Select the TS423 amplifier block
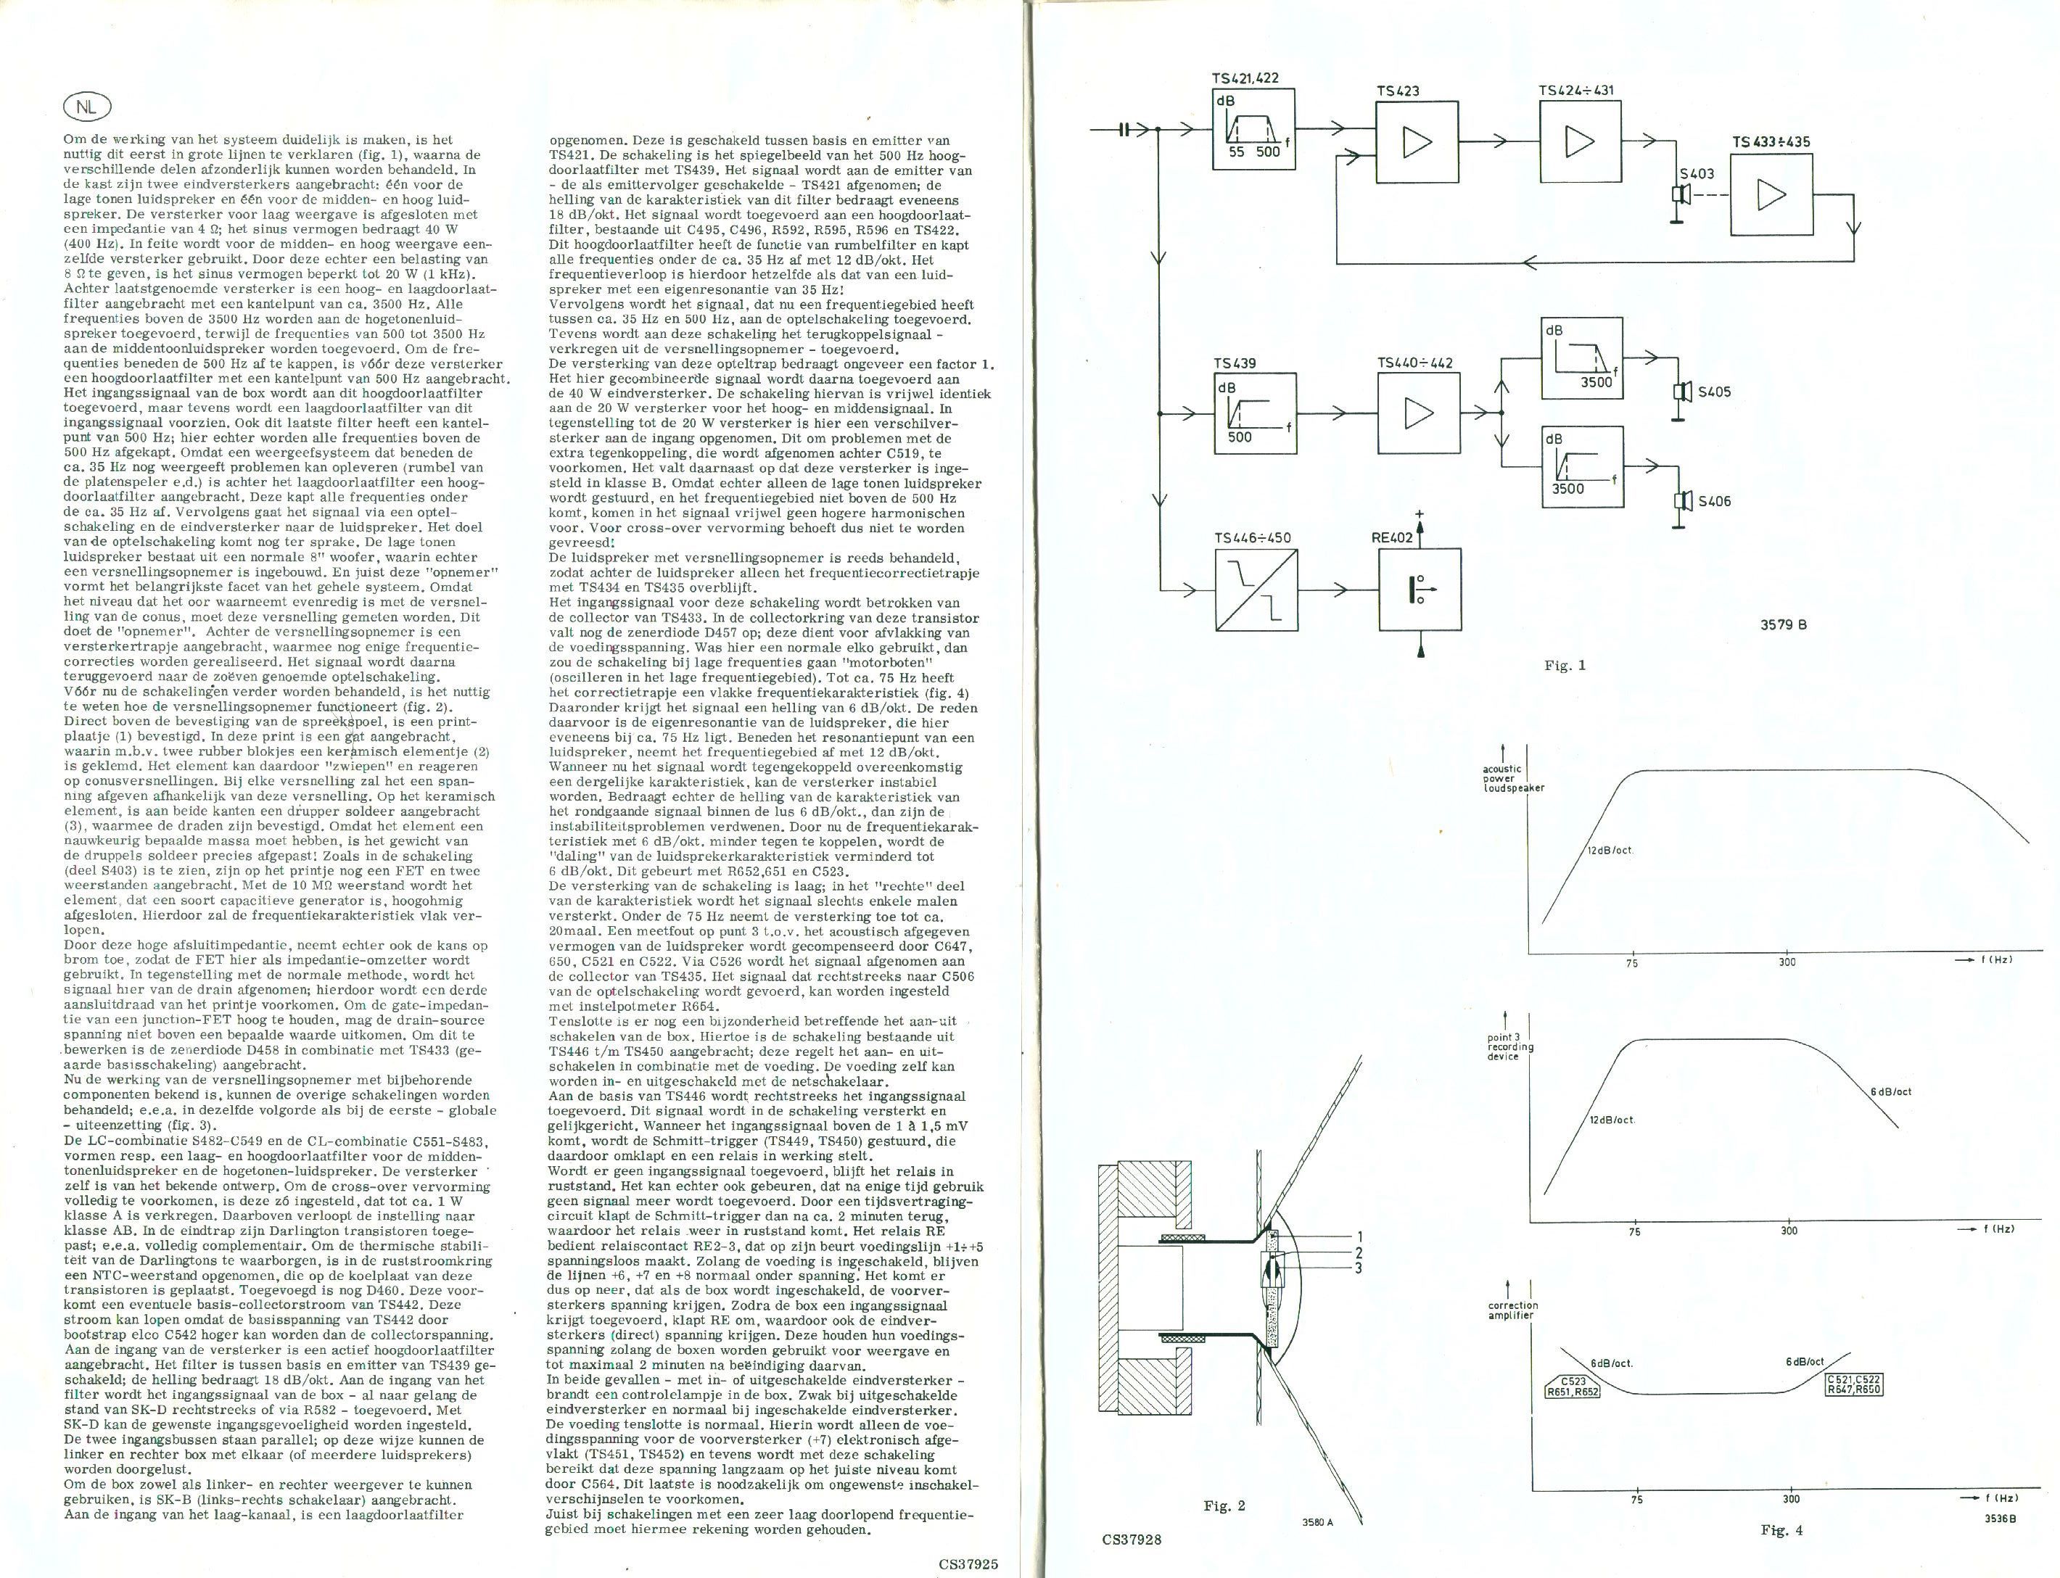coord(1417,142)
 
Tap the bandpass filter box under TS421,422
coord(1253,130)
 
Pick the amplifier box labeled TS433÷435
coord(1771,195)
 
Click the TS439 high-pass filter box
coord(1256,413)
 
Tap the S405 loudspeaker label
coord(1713,392)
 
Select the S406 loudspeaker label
coord(1713,502)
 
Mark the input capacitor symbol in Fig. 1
coord(1124,131)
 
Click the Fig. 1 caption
coord(1565,666)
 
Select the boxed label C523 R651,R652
coord(1573,1387)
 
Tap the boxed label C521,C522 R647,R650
coord(1854,1384)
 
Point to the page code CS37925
coord(968,1565)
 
